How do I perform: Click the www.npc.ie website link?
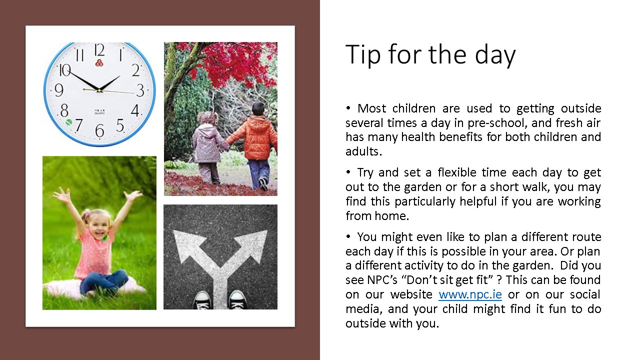tap(470, 294)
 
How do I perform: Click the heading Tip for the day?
tap(430, 55)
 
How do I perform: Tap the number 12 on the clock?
tap(99, 50)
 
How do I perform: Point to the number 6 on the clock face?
tap(99, 131)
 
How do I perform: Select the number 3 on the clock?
tap(140, 90)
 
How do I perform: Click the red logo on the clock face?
tap(99, 63)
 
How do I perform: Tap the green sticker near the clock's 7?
tap(68, 122)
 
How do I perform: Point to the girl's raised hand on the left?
tap(61, 195)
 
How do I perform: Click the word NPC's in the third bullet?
tap(382, 280)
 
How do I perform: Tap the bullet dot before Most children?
tap(348, 108)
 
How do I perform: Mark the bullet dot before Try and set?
tap(348, 172)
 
